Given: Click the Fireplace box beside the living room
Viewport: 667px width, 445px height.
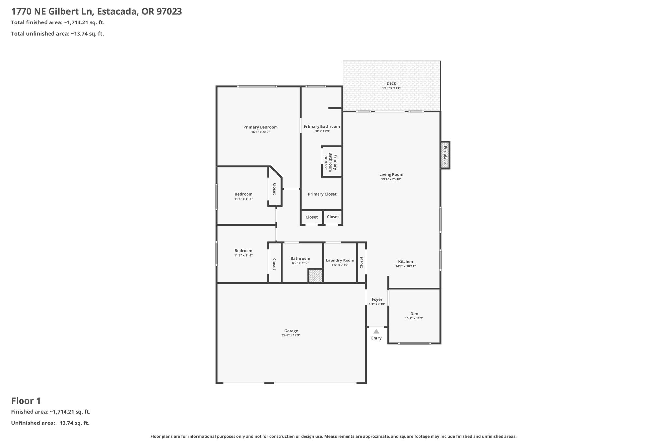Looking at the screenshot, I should (x=445, y=155).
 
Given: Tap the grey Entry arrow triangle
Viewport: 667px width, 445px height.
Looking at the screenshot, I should (x=376, y=331).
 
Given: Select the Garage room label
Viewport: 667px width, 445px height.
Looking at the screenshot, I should (x=291, y=331).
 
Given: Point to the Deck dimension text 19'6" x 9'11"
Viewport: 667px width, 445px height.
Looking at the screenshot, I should (x=391, y=88).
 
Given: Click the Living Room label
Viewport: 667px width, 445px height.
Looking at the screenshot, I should (x=391, y=174).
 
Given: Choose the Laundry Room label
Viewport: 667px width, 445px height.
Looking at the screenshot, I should (x=340, y=260).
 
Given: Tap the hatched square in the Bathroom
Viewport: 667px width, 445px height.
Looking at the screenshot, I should (x=316, y=276).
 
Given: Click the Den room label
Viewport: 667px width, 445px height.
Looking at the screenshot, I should (x=414, y=314).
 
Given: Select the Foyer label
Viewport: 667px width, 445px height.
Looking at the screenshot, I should (x=377, y=299).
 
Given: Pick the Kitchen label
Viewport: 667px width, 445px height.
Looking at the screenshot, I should (x=405, y=261).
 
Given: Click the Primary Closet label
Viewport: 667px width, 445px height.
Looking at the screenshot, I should (x=322, y=194).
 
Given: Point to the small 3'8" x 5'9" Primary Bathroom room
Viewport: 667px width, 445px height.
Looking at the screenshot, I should (x=332, y=162).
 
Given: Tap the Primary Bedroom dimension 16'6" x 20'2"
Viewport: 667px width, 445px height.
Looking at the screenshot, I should (x=260, y=132).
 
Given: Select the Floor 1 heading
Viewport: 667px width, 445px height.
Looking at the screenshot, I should (x=26, y=401).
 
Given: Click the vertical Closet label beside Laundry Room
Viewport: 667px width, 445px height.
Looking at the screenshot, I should (x=361, y=262).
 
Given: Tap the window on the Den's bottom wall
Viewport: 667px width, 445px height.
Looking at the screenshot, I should (x=414, y=343).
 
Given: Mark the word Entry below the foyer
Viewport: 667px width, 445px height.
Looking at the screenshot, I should (x=376, y=338).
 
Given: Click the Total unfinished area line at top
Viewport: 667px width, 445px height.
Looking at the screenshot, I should (x=57, y=34).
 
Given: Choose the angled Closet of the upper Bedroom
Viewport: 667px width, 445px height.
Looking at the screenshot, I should (x=275, y=189).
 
